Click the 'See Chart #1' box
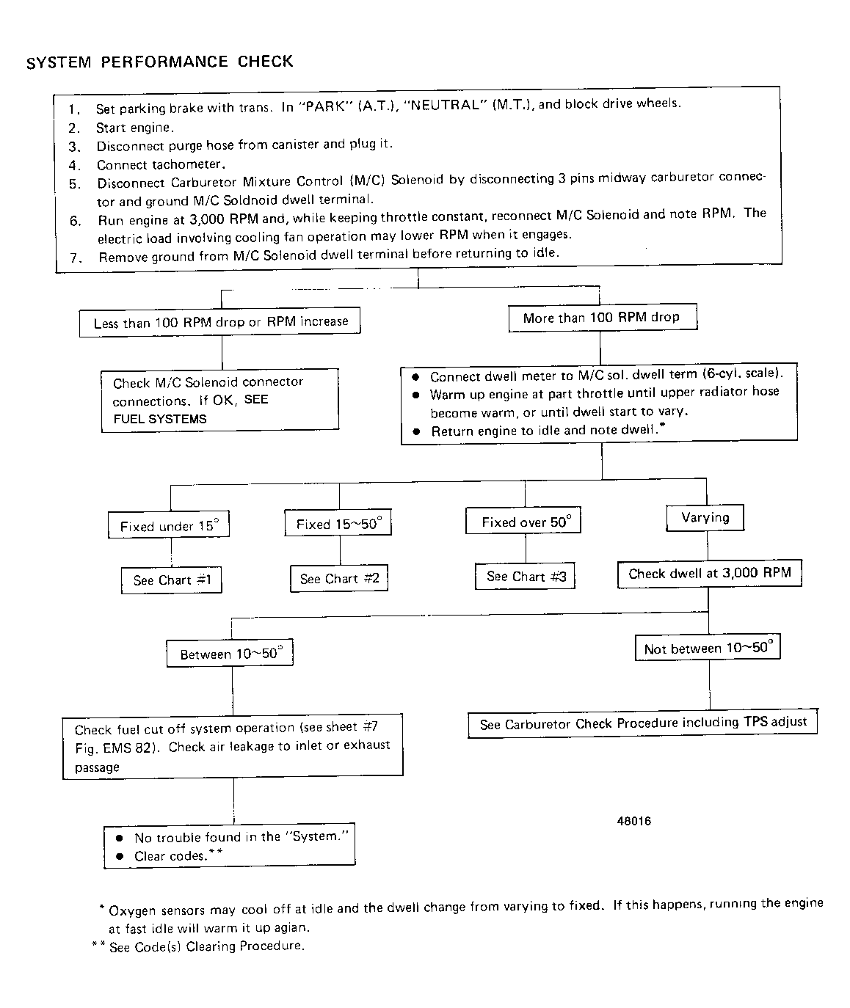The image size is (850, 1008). tap(171, 580)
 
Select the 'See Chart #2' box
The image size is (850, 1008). tap(339, 579)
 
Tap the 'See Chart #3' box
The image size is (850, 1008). tap(526, 577)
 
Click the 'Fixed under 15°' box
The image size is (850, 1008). tap(169, 525)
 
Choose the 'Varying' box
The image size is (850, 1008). tap(705, 518)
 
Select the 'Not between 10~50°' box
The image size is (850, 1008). tap(708, 648)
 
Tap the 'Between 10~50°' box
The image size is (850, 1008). tap(230, 654)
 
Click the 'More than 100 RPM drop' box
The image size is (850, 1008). tap(602, 318)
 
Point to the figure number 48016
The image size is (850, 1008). tap(634, 821)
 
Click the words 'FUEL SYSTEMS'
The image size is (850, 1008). tap(159, 420)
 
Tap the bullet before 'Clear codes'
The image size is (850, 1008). tap(119, 856)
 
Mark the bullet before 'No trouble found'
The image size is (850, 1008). tap(119, 837)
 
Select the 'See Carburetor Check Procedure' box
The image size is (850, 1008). tap(642, 723)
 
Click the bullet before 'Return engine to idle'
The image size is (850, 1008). tap(416, 431)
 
